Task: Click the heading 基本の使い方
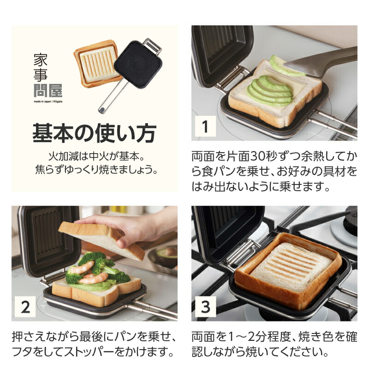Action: point(94,133)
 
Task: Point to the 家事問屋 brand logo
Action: point(48,74)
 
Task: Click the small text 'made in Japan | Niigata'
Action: point(48,100)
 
